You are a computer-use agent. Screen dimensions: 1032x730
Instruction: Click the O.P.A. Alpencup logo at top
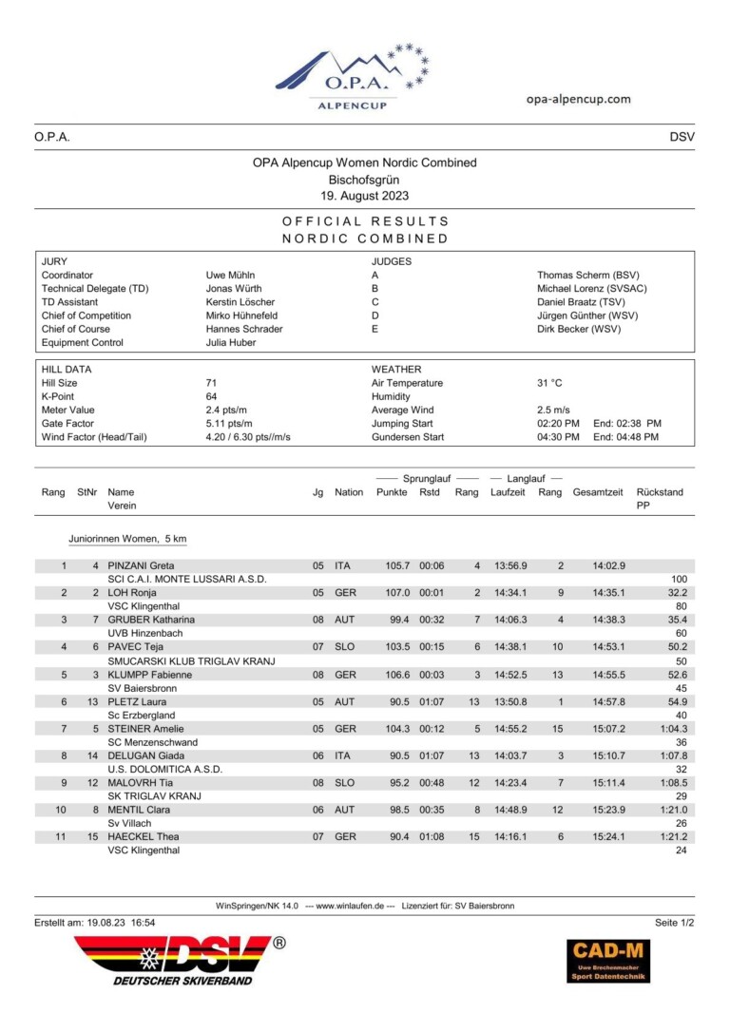tap(351, 77)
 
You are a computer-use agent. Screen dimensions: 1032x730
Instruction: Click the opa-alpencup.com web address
tap(578, 99)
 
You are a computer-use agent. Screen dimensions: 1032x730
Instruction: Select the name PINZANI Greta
tap(141, 565)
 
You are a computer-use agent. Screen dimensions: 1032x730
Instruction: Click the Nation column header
tap(349, 492)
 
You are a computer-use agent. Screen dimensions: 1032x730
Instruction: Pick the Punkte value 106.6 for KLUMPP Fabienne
tap(394, 675)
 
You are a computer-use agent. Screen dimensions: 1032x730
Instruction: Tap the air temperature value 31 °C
tap(549, 383)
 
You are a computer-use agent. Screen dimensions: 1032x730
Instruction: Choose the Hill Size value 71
tap(212, 383)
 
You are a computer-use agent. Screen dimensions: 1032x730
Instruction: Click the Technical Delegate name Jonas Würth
tap(234, 288)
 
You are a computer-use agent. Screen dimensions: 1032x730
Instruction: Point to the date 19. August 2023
tap(365, 196)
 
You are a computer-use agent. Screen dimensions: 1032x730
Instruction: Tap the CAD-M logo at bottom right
tap(608, 960)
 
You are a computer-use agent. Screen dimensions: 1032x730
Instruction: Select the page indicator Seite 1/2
tap(675, 923)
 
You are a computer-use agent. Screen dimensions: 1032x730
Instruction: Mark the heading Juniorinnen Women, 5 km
tap(127, 539)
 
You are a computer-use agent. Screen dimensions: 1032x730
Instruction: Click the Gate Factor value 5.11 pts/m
tap(229, 424)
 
